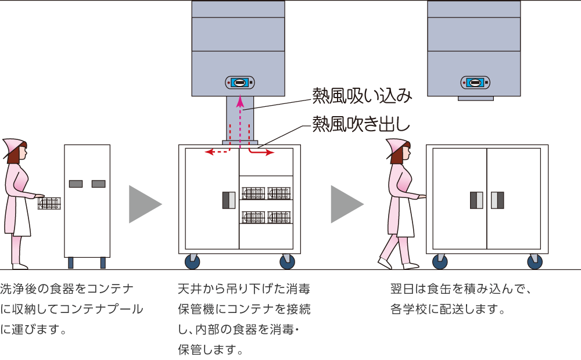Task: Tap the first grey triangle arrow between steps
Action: [x=143, y=204]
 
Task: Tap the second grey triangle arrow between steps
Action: [x=346, y=204]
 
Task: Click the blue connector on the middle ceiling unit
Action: [x=239, y=82]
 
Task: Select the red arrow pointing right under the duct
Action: [x=261, y=152]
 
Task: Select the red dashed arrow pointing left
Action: [x=218, y=152]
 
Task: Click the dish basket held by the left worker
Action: [x=49, y=203]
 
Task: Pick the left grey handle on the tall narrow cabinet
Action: [x=76, y=184]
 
